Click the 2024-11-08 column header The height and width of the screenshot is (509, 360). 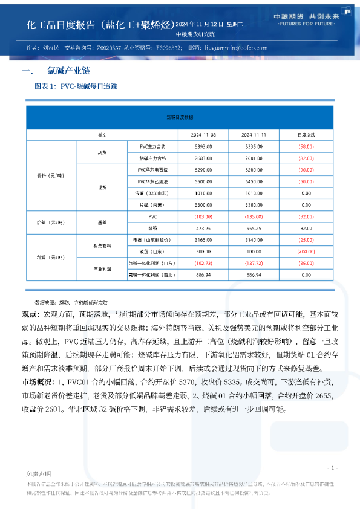click(x=203, y=133)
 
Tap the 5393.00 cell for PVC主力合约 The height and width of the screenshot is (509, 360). click(x=203, y=146)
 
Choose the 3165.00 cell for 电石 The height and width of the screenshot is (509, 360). click(x=203, y=240)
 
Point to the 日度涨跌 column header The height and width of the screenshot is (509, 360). click(x=305, y=133)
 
